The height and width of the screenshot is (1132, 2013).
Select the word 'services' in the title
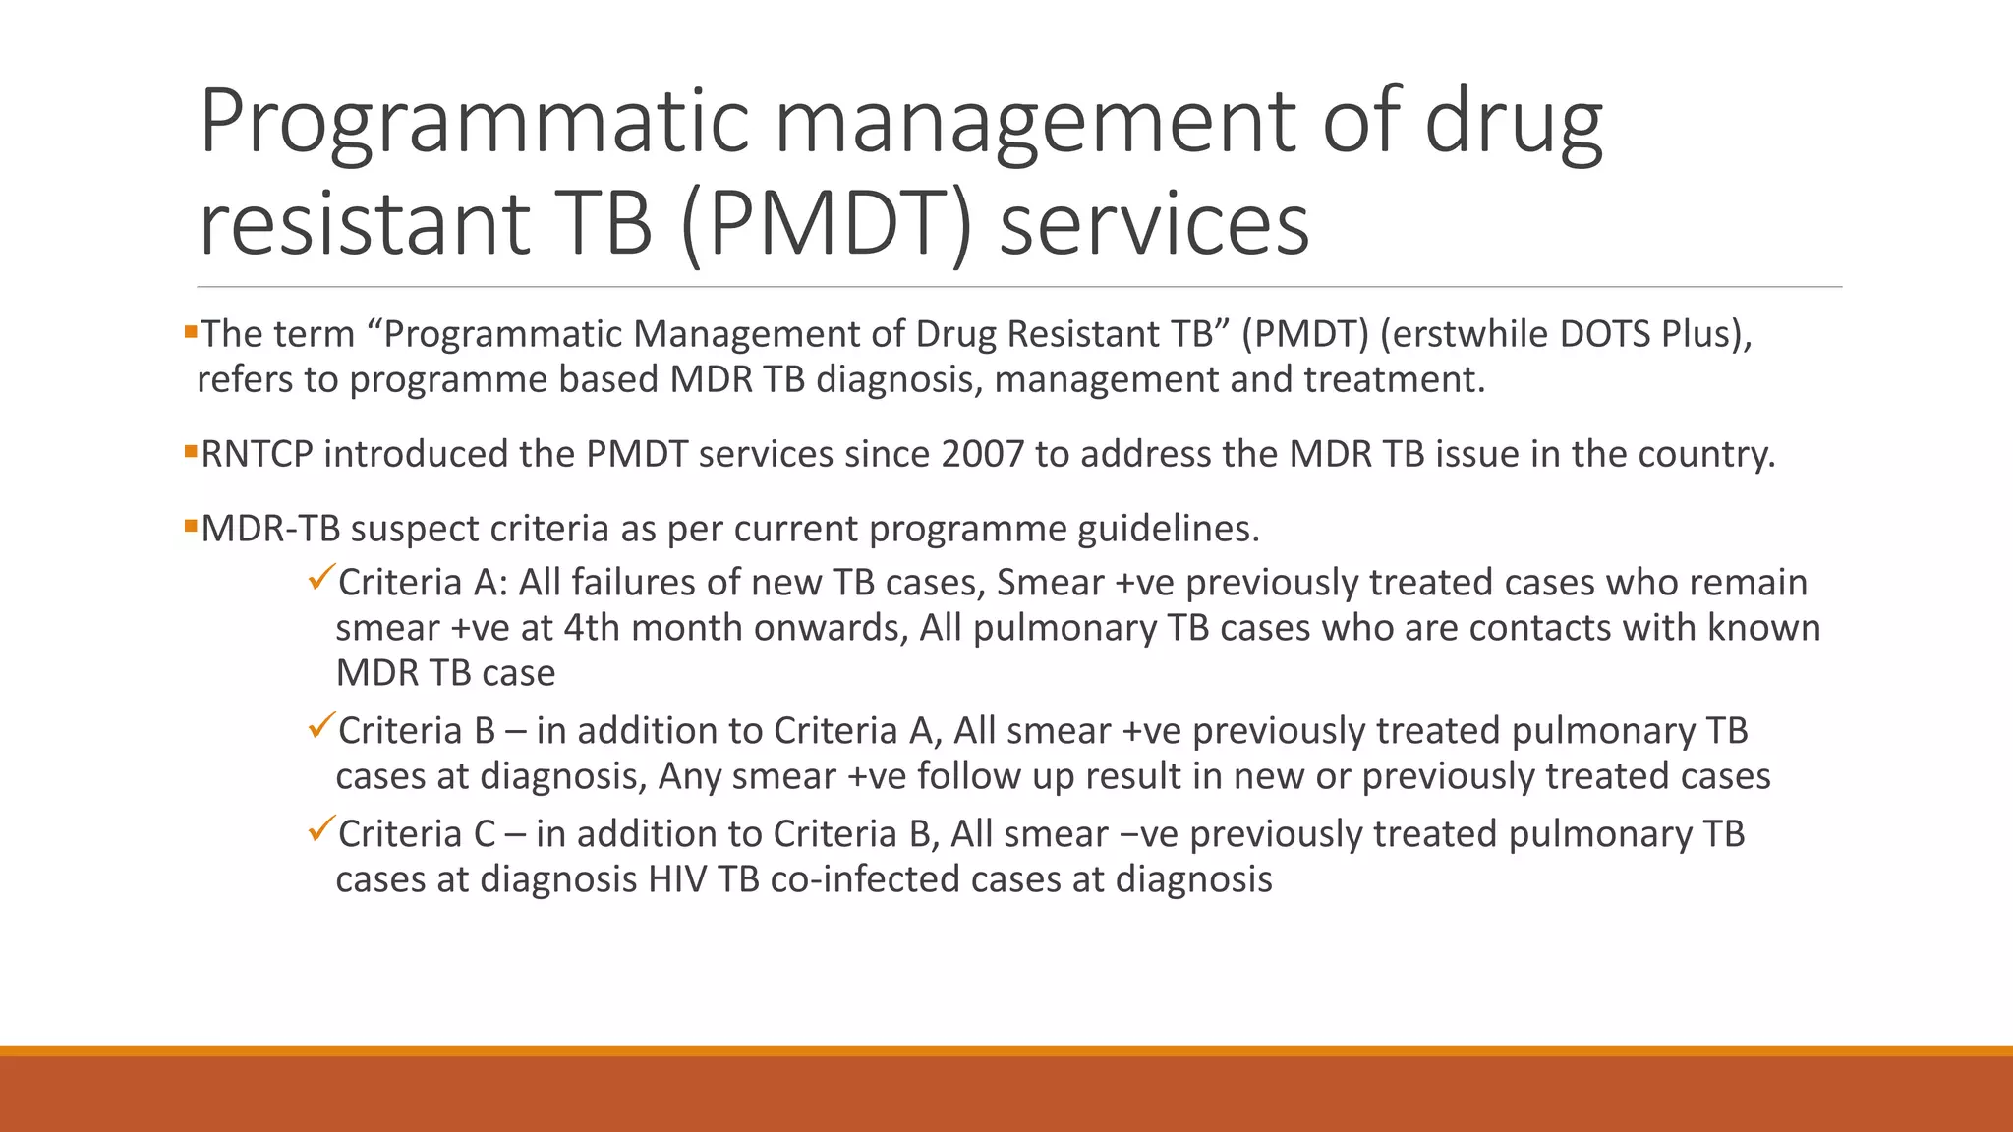pos(1154,224)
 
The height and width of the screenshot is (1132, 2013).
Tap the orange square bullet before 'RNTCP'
pos(191,452)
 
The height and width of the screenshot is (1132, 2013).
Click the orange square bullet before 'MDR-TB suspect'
pos(191,527)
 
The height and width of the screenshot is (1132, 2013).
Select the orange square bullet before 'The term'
pos(191,332)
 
